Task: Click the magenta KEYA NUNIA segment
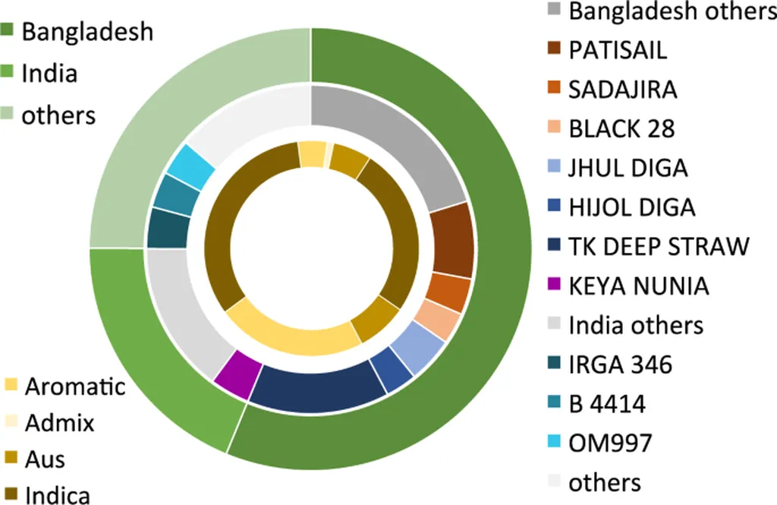(234, 374)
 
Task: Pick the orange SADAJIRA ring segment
(448, 292)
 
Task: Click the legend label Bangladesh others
(668, 11)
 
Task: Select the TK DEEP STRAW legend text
(659, 246)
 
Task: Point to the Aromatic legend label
(75, 387)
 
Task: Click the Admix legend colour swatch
(11, 422)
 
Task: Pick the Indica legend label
(58, 495)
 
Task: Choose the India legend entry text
(49, 74)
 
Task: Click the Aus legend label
(45, 459)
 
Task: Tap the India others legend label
(636, 325)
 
